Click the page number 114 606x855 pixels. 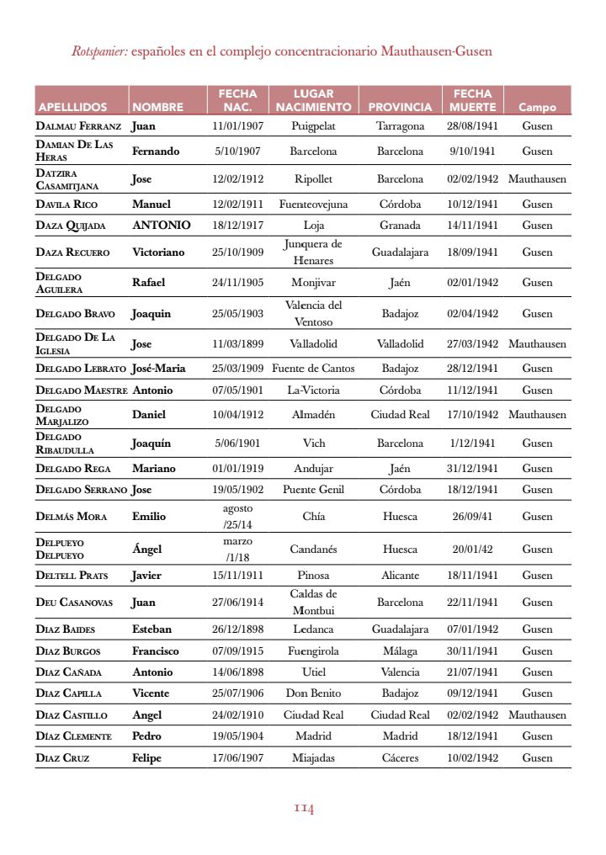(x=304, y=809)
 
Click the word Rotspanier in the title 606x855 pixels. (x=99, y=51)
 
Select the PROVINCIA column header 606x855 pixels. (x=400, y=108)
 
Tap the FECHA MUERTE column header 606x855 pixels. (x=472, y=100)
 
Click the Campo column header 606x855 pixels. (x=537, y=108)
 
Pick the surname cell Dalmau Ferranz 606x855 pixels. (x=78, y=126)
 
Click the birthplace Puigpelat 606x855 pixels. (x=313, y=126)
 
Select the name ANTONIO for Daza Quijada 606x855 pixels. (x=161, y=225)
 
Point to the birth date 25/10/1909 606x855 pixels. (x=237, y=252)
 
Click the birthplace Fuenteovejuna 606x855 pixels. (x=313, y=204)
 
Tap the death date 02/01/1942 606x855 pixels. (x=472, y=283)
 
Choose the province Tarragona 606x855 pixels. (x=400, y=126)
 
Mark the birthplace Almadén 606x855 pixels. (x=313, y=414)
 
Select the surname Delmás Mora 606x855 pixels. (x=72, y=517)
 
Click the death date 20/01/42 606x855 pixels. (x=472, y=549)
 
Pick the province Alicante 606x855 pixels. (x=400, y=576)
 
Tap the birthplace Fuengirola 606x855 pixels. (x=313, y=651)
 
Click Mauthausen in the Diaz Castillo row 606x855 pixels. (x=537, y=714)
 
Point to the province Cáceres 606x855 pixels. (x=400, y=757)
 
